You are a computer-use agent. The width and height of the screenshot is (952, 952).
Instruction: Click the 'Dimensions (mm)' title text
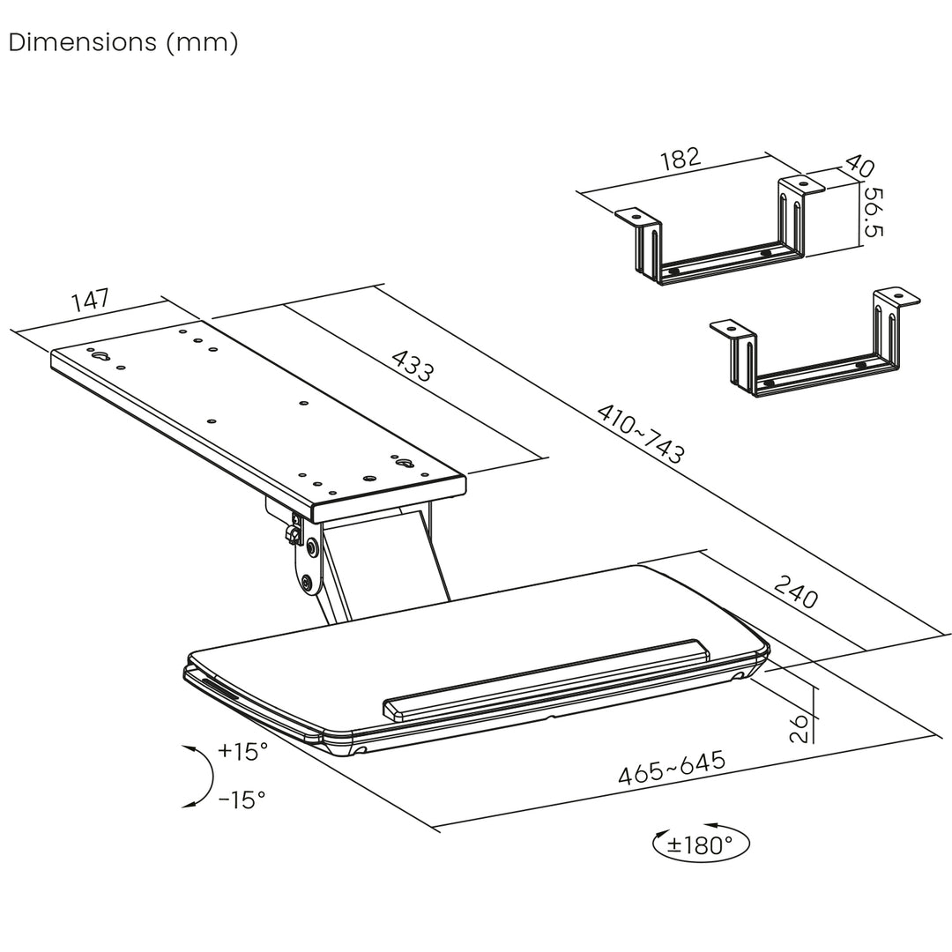pyautogui.click(x=123, y=43)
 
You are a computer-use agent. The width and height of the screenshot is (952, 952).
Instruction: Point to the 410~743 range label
pyautogui.click(x=641, y=433)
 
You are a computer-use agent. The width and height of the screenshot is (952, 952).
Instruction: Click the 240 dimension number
pyautogui.click(x=796, y=592)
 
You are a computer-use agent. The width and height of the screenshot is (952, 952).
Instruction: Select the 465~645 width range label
pyautogui.click(x=671, y=769)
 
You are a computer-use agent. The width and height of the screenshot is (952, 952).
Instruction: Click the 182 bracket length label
pyautogui.click(x=680, y=159)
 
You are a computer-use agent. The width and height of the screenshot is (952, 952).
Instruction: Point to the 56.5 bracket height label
pyautogui.click(x=874, y=212)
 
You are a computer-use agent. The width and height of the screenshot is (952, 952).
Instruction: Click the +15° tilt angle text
pyautogui.click(x=242, y=752)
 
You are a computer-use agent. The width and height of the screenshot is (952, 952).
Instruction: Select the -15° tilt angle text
pyautogui.click(x=242, y=800)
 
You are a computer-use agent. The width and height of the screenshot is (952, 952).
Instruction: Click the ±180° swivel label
pyautogui.click(x=700, y=845)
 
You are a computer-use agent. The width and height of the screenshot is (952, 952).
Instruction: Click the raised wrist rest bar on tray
pyautogui.click(x=547, y=679)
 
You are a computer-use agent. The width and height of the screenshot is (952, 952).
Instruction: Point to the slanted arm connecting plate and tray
pyautogui.click(x=379, y=564)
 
